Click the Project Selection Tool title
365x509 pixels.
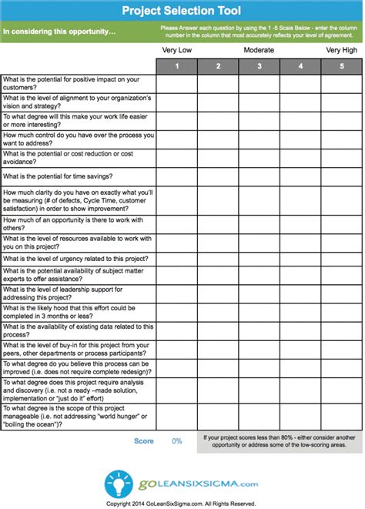tap(182, 10)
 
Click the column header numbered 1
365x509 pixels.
tap(176, 66)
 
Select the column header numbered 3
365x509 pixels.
tap(260, 66)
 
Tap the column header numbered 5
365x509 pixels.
tap(342, 66)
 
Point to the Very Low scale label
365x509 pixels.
tap(176, 51)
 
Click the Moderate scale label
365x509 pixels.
tap(260, 51)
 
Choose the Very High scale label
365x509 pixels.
tap(342, 51)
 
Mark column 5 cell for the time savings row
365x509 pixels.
tap(342, 177)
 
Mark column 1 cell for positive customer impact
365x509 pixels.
tap(176, 83)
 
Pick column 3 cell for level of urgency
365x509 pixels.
tap(260, 259)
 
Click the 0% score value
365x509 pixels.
tap(176, 441)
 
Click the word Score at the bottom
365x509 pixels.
tap(144, 441)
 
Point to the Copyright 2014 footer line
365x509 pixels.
tap(182, 504)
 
